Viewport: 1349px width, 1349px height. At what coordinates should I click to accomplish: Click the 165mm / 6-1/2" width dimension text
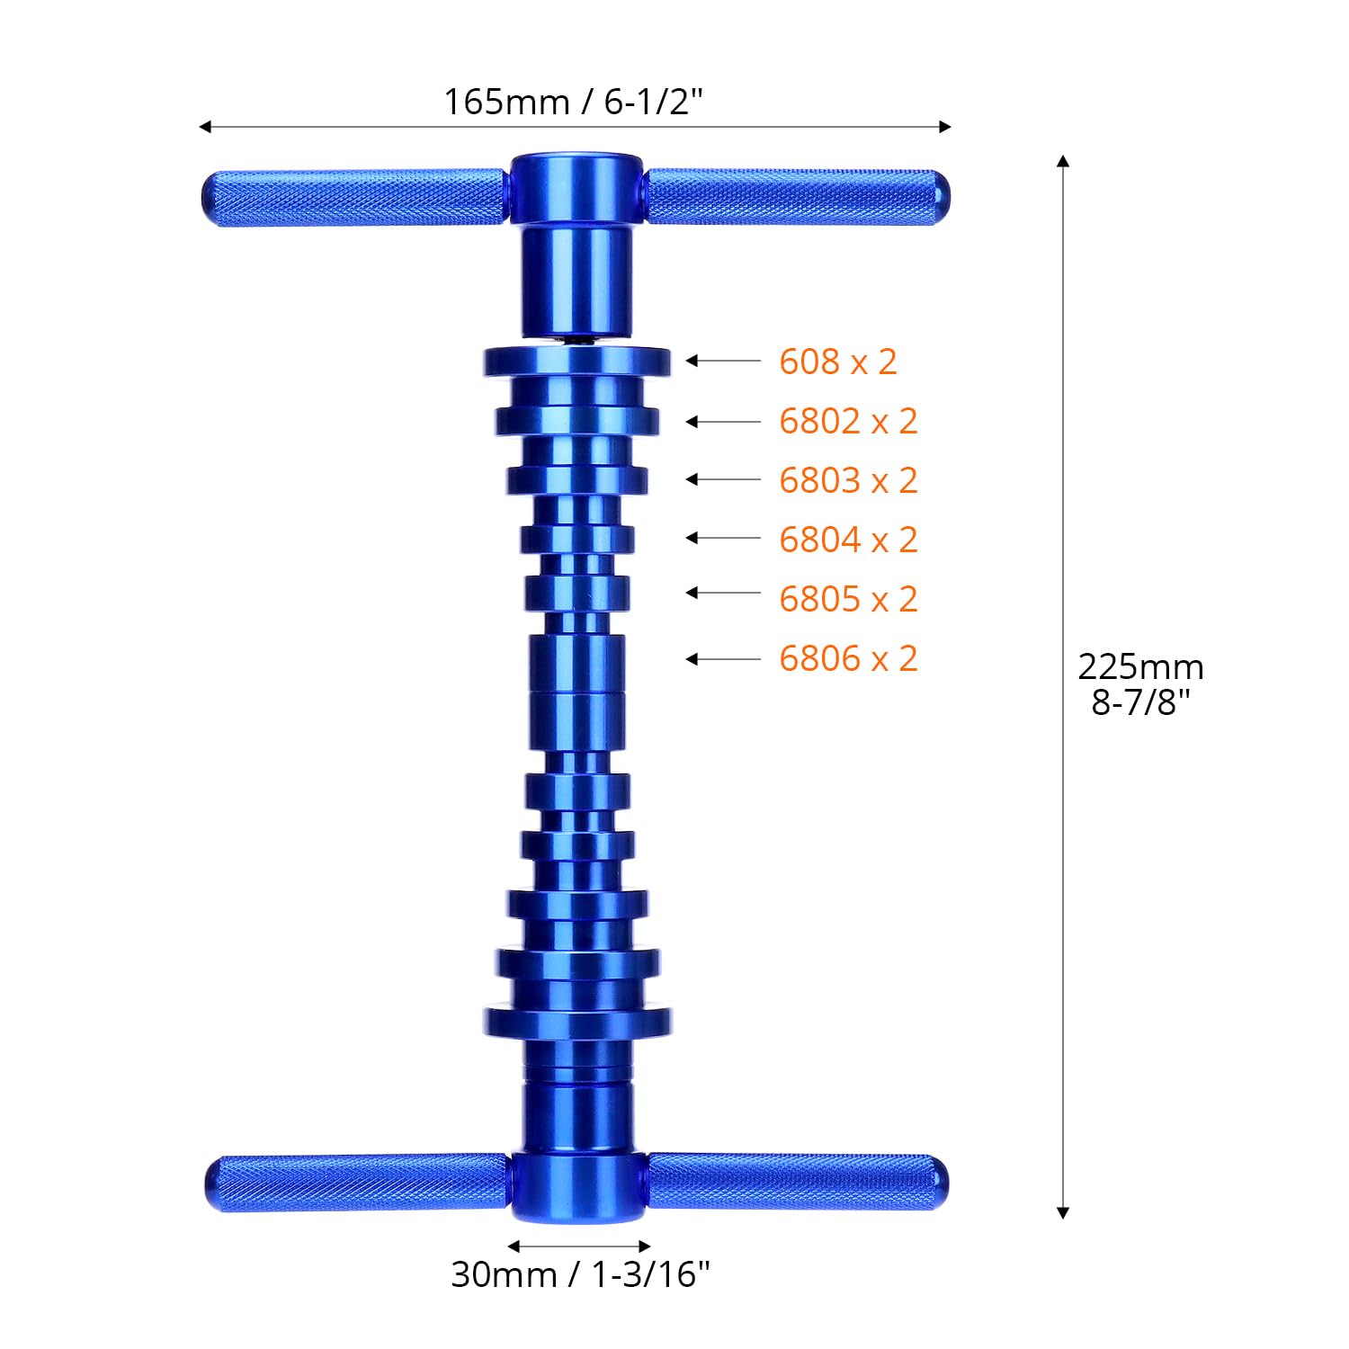(573, 102)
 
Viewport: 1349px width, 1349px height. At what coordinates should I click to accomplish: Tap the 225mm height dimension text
(1140, 667)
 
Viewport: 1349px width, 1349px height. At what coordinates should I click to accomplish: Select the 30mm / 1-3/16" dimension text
(580, 1274)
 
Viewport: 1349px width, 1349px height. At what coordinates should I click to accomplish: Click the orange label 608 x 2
(838, 362)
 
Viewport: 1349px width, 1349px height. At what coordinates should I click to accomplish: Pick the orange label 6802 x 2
(848, 421)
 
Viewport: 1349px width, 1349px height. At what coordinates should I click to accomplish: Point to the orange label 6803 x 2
(848, 480)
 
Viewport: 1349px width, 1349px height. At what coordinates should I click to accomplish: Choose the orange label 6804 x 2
(848, 540)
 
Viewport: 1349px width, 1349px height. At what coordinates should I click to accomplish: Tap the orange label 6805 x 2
(848, 599)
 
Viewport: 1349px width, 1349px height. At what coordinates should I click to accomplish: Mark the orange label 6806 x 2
(848, 658)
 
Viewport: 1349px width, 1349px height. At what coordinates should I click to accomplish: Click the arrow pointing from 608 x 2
(723, 361)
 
